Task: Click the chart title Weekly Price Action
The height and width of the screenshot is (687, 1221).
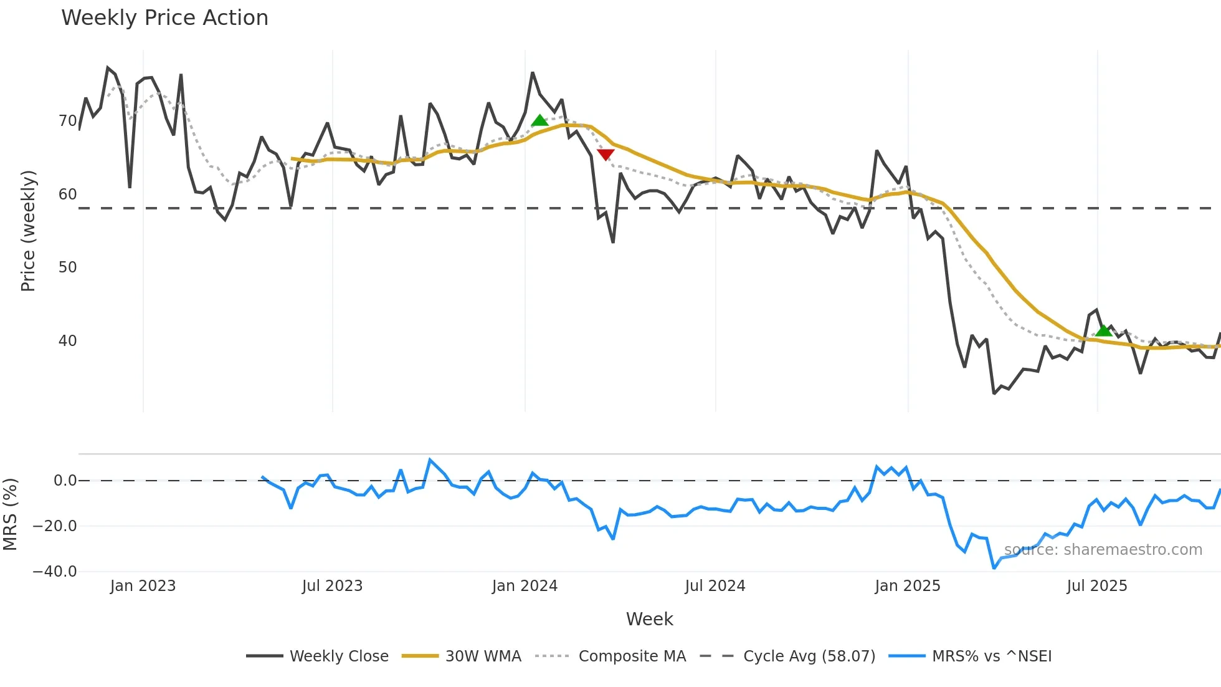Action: pos(164,18)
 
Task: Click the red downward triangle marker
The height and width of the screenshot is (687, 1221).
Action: pos(606,154)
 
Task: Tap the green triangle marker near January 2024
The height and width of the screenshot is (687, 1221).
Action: pos(539,120)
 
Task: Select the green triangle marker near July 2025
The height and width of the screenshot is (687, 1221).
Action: pos(1103,330)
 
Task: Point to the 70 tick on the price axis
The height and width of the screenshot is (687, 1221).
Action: pos(67,121)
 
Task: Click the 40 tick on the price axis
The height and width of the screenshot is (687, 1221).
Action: pos(67,341)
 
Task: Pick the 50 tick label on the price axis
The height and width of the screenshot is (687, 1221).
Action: pos(67,267)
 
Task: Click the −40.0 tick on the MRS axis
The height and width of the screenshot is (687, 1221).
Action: pos(55,572)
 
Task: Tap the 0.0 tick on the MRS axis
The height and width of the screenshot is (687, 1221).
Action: pos(65,481)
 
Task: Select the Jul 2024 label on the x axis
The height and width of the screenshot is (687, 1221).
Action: pos(715,586)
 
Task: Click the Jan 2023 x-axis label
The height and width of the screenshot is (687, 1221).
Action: pos(143,586)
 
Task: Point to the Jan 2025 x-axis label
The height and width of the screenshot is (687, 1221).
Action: pos(907,586)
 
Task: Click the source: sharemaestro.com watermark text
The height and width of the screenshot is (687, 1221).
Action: pos(1103,550)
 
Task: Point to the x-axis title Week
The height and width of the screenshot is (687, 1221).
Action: pos(649,619)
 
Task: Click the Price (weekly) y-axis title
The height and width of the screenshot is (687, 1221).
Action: pos(28,231)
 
